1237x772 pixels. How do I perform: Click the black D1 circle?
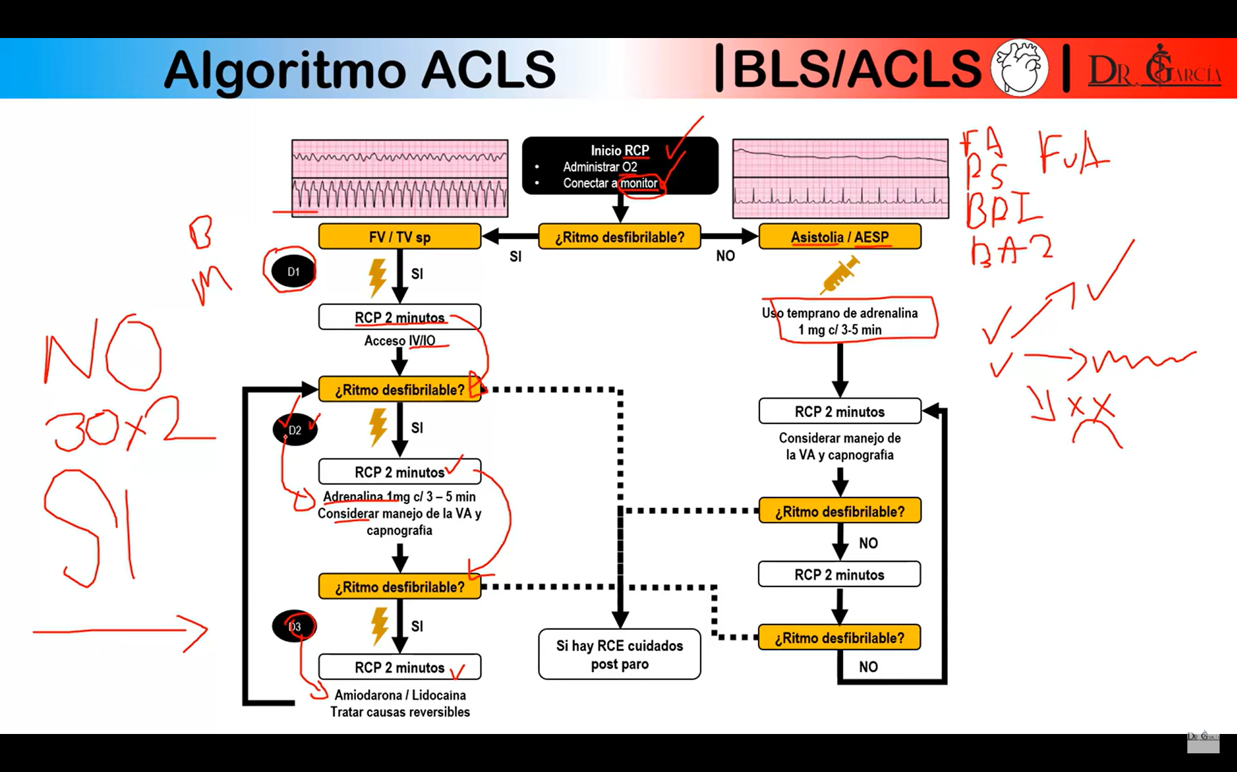click(293, 271)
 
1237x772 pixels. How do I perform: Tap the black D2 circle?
click(295, 430)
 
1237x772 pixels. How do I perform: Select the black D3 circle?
click(295, 626)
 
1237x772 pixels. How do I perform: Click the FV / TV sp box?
click(400, 236)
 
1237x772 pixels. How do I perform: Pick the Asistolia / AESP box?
click(839, 236)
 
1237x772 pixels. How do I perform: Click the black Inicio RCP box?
click(619, 166)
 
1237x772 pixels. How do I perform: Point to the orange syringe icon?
click(839, 275)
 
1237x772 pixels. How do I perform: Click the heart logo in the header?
click(1018, 68)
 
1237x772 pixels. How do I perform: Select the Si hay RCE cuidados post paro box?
click(619, 654)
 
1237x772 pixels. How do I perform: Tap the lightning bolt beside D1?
click(378, 277)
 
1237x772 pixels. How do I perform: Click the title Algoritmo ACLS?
click(360, 70)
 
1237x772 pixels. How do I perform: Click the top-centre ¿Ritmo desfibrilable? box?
click(619, 236)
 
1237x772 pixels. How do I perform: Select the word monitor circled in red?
click(638, 183)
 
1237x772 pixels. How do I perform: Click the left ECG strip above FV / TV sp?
click(400, 179)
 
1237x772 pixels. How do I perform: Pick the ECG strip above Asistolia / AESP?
click(840, 179)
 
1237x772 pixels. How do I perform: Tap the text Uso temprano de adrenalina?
click(839, 313)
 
